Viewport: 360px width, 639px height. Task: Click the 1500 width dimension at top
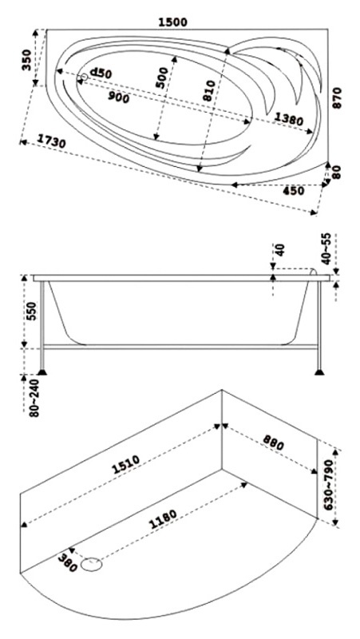click(172, 22)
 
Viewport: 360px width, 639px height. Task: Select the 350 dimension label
click(27, 60)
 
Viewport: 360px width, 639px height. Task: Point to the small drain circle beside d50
click(84, 77)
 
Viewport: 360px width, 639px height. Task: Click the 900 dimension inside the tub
click(118, 97)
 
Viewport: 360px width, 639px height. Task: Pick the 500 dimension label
click(162, 77)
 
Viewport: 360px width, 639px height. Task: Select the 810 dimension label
click(208, 91)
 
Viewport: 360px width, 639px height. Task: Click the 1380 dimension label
click(288, 119)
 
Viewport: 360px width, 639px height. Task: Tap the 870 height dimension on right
click(337, 97)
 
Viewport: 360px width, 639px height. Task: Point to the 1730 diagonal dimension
click(51, 141)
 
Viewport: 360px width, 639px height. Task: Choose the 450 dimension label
click(293, 191)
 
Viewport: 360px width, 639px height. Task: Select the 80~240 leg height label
click(34, 398)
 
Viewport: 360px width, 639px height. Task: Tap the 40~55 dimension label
click(326, 248)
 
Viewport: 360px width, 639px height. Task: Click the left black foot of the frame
click(42, 371)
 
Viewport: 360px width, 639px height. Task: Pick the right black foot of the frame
click(319, 371)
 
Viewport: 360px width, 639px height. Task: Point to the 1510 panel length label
click(126, 465)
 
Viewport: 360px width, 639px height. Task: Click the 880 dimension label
click(273, 443)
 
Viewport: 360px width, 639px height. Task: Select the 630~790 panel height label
click(329, 487)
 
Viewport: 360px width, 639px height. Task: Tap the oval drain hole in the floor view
click(91, 565)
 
